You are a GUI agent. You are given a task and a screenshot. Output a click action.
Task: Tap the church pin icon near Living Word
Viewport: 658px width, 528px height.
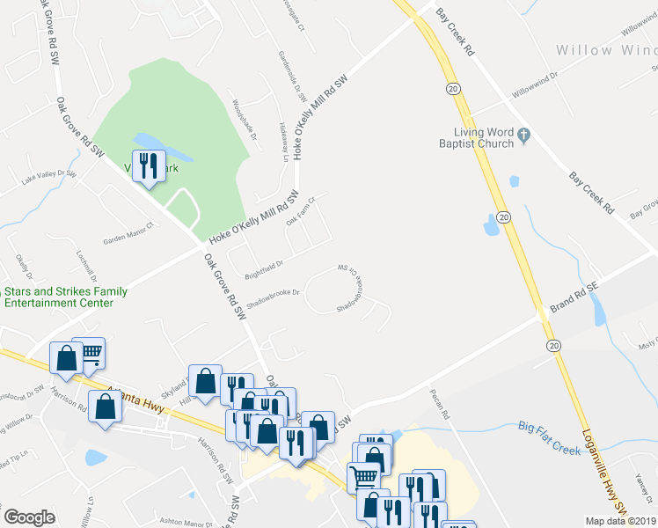tap(524, 135)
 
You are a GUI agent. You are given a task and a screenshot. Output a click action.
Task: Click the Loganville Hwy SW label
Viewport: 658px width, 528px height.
tap(609, 480)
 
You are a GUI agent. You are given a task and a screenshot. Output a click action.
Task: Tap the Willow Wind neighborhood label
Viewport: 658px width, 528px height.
tap(606, 50)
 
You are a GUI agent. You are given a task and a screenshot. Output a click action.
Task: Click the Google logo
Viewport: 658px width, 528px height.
tap(29, 517)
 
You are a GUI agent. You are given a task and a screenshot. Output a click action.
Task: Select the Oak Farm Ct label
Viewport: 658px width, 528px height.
tap(300, 211)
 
